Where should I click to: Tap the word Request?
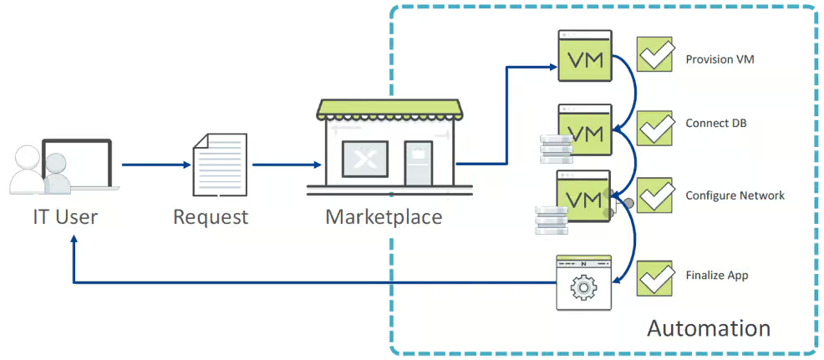click(211, 218)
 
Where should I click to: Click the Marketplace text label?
click(384, 217)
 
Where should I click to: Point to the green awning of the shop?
click(389, 109)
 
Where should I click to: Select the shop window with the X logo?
click(359, 159)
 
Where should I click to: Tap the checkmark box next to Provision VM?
click(655, 54)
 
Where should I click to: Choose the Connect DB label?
click(716, 124)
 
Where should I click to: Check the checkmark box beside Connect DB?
click(655, 128)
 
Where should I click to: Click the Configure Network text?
click(735, 195)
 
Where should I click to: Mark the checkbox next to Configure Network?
click(655, 195)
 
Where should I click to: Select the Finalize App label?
click(716, 275)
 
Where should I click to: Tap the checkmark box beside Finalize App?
click(655, 277)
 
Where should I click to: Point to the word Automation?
click(709, 328)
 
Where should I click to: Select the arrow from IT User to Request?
click(155, 165)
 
